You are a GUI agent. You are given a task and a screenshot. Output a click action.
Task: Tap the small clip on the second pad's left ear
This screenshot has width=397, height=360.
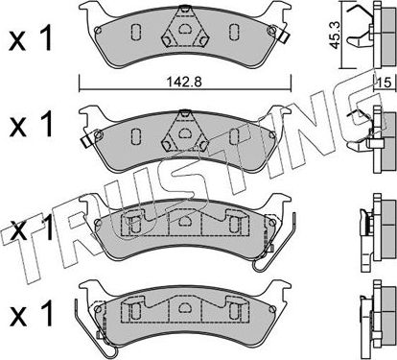coord(84,146)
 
